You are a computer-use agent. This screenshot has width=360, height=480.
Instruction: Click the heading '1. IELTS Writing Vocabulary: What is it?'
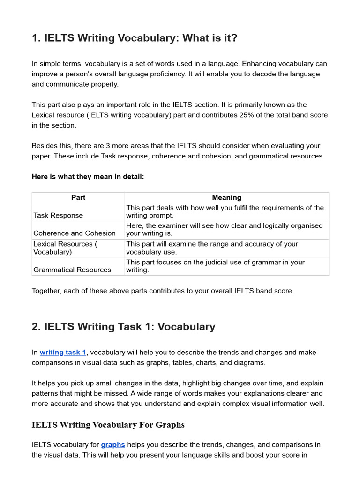135,38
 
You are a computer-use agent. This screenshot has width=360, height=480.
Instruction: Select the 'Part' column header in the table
78,197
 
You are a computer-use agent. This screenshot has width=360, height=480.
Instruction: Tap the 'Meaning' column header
226,197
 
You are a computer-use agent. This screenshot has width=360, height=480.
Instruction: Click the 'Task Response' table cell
58,215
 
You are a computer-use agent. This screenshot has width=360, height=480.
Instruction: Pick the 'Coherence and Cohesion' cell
75,233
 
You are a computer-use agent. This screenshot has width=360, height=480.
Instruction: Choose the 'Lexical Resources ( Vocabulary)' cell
65,247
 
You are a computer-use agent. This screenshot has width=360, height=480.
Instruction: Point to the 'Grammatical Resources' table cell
72,270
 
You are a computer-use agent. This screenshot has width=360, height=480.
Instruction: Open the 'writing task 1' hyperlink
63,352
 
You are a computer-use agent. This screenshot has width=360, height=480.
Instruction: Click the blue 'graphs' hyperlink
113,444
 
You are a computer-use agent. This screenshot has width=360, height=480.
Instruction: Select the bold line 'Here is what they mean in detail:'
88,177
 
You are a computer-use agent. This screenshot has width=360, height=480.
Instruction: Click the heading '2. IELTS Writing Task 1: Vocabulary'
123,327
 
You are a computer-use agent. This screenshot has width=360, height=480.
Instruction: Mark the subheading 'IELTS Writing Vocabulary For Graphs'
108,425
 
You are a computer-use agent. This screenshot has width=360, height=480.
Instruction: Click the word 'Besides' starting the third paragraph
45,146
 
